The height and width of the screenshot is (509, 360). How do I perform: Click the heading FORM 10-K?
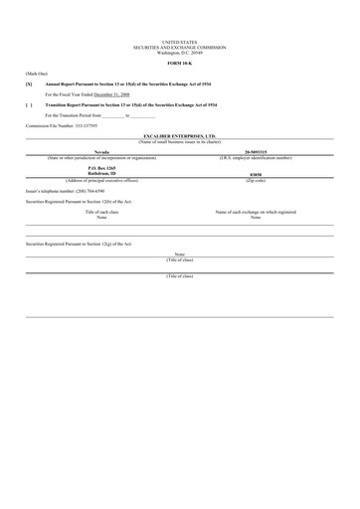[x=179, y=64]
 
